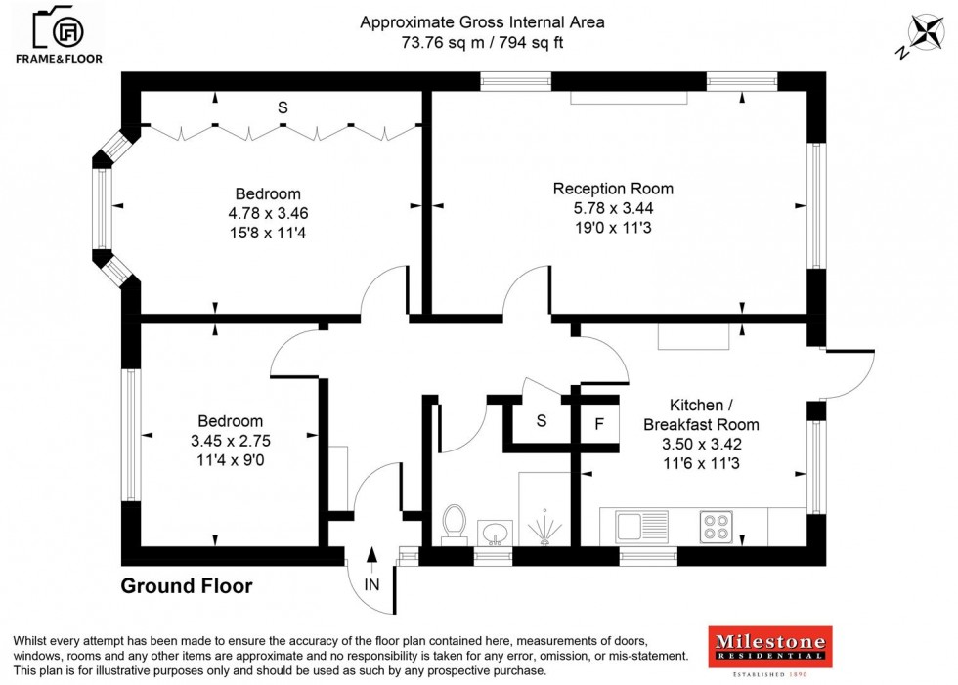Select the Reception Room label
pos(613,189)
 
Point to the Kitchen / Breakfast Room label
pos(700,414)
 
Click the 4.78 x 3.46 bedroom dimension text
pos(268,213)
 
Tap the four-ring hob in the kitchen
pos(715,528)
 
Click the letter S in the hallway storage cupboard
pos(541,421)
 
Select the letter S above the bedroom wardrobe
pos(282,108)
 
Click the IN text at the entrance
pos(372,585)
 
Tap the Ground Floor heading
pos(186,586)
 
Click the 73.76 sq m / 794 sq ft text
pos(483,42)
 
